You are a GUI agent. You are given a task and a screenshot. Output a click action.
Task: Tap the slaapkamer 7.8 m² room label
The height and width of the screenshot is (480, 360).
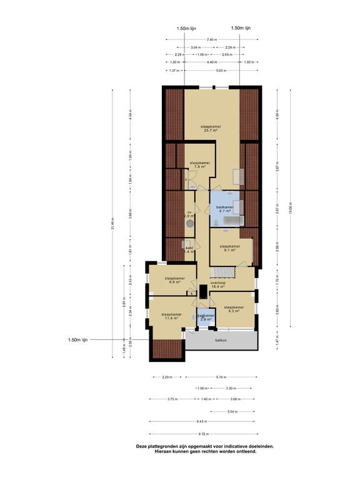click(199, 164)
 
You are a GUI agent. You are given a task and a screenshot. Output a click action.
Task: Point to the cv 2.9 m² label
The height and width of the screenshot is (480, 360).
click(189, 214)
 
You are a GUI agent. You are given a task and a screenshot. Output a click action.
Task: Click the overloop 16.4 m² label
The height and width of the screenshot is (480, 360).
click(218, 284)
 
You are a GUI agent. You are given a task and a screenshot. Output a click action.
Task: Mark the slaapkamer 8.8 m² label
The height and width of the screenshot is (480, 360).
click(174, 280)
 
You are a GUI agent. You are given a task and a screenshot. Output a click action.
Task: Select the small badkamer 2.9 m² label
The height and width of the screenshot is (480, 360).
click(206, 317)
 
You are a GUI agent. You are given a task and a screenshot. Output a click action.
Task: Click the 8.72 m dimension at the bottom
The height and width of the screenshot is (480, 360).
click(204, 434)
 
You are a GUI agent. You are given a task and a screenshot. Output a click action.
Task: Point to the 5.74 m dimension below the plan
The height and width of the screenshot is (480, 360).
click(221, 377)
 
